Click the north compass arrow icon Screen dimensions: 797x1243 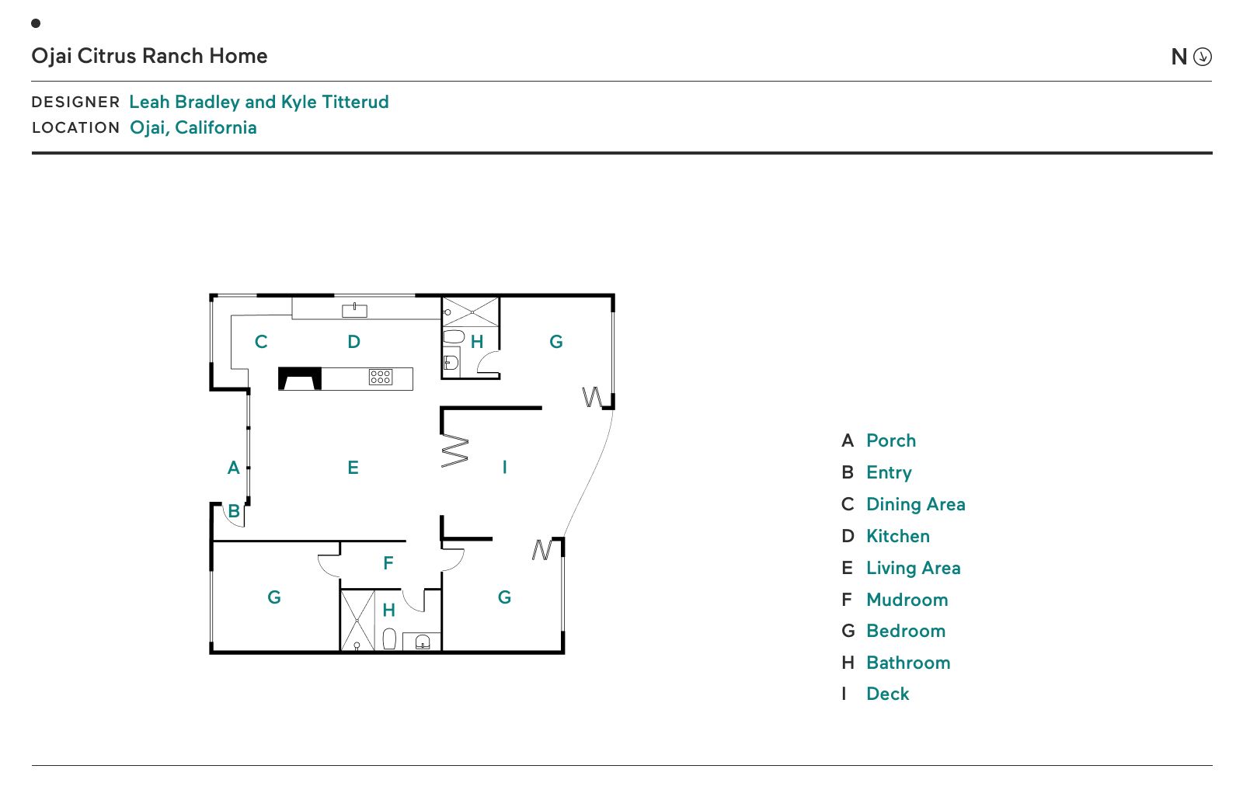[x=1202, y=57]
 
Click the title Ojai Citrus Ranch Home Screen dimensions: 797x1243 [x=149, y=56]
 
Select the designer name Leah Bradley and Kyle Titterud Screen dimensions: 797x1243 [x=259, y=102]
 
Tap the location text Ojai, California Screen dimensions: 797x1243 [x=193, y=127]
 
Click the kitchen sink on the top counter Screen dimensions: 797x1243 [x=354, y=311]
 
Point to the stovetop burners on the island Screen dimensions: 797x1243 [x=381, y=378]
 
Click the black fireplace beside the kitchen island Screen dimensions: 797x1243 [x=300, y=378]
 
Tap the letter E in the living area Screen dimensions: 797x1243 [x=353, y=468]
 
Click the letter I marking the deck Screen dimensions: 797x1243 [x=504, y=467]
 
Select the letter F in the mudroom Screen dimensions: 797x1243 [x=388, y=563]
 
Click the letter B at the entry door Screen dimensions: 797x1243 [x=234, y=512]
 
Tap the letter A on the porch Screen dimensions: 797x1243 [x=233, y=468]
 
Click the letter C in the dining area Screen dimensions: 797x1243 [x=261, y=342]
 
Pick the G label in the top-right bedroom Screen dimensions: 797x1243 [x=556, y=342]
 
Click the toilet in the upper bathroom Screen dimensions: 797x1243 [x=454, y=337]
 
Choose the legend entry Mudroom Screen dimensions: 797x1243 [x=907, y=600]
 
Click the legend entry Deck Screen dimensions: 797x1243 [x=887, y=694]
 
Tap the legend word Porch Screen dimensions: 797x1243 [x=890, y=440]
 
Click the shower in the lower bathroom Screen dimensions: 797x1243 [x=357, y=620]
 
